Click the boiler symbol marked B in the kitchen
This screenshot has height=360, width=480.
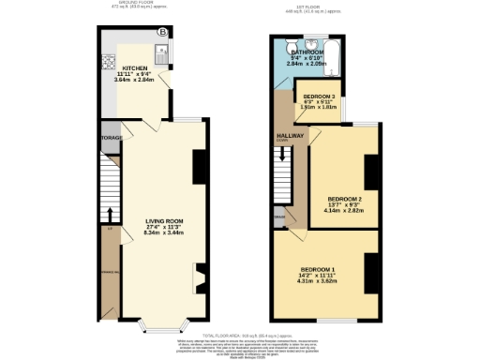pos(163,33)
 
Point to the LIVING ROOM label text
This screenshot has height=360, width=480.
pos(163,222)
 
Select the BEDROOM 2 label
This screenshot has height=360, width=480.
pos(344,199)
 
